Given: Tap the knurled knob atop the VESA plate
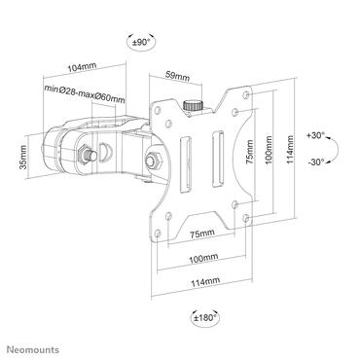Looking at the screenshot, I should (191, 103).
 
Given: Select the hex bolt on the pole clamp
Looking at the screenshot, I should (88, 153).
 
